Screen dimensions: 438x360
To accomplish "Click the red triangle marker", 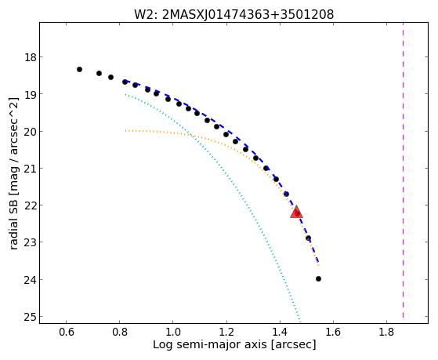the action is (296, 212).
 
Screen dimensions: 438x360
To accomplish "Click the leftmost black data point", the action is (79, 69).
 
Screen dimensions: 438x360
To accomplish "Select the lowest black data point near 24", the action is (318, 279).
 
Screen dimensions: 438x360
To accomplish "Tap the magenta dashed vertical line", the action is (403, 170).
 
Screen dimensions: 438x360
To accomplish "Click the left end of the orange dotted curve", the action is (125, 131).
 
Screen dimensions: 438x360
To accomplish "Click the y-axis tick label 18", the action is (31, 57).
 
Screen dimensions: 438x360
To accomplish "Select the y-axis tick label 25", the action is (31, 317).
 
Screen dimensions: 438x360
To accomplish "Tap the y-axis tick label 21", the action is (31, 169).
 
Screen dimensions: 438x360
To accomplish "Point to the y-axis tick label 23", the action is (31, 242).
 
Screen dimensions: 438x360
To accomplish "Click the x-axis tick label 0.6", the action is (66, 332).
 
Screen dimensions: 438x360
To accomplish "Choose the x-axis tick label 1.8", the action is (386, 332).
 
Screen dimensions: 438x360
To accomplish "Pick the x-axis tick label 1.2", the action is (226, 332).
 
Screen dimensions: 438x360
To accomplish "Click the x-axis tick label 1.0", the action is (173, 332).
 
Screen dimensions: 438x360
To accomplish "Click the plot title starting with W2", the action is (234, 15).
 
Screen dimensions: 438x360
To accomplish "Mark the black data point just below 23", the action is (308, 238).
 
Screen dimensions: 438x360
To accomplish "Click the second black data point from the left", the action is (99, 73).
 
